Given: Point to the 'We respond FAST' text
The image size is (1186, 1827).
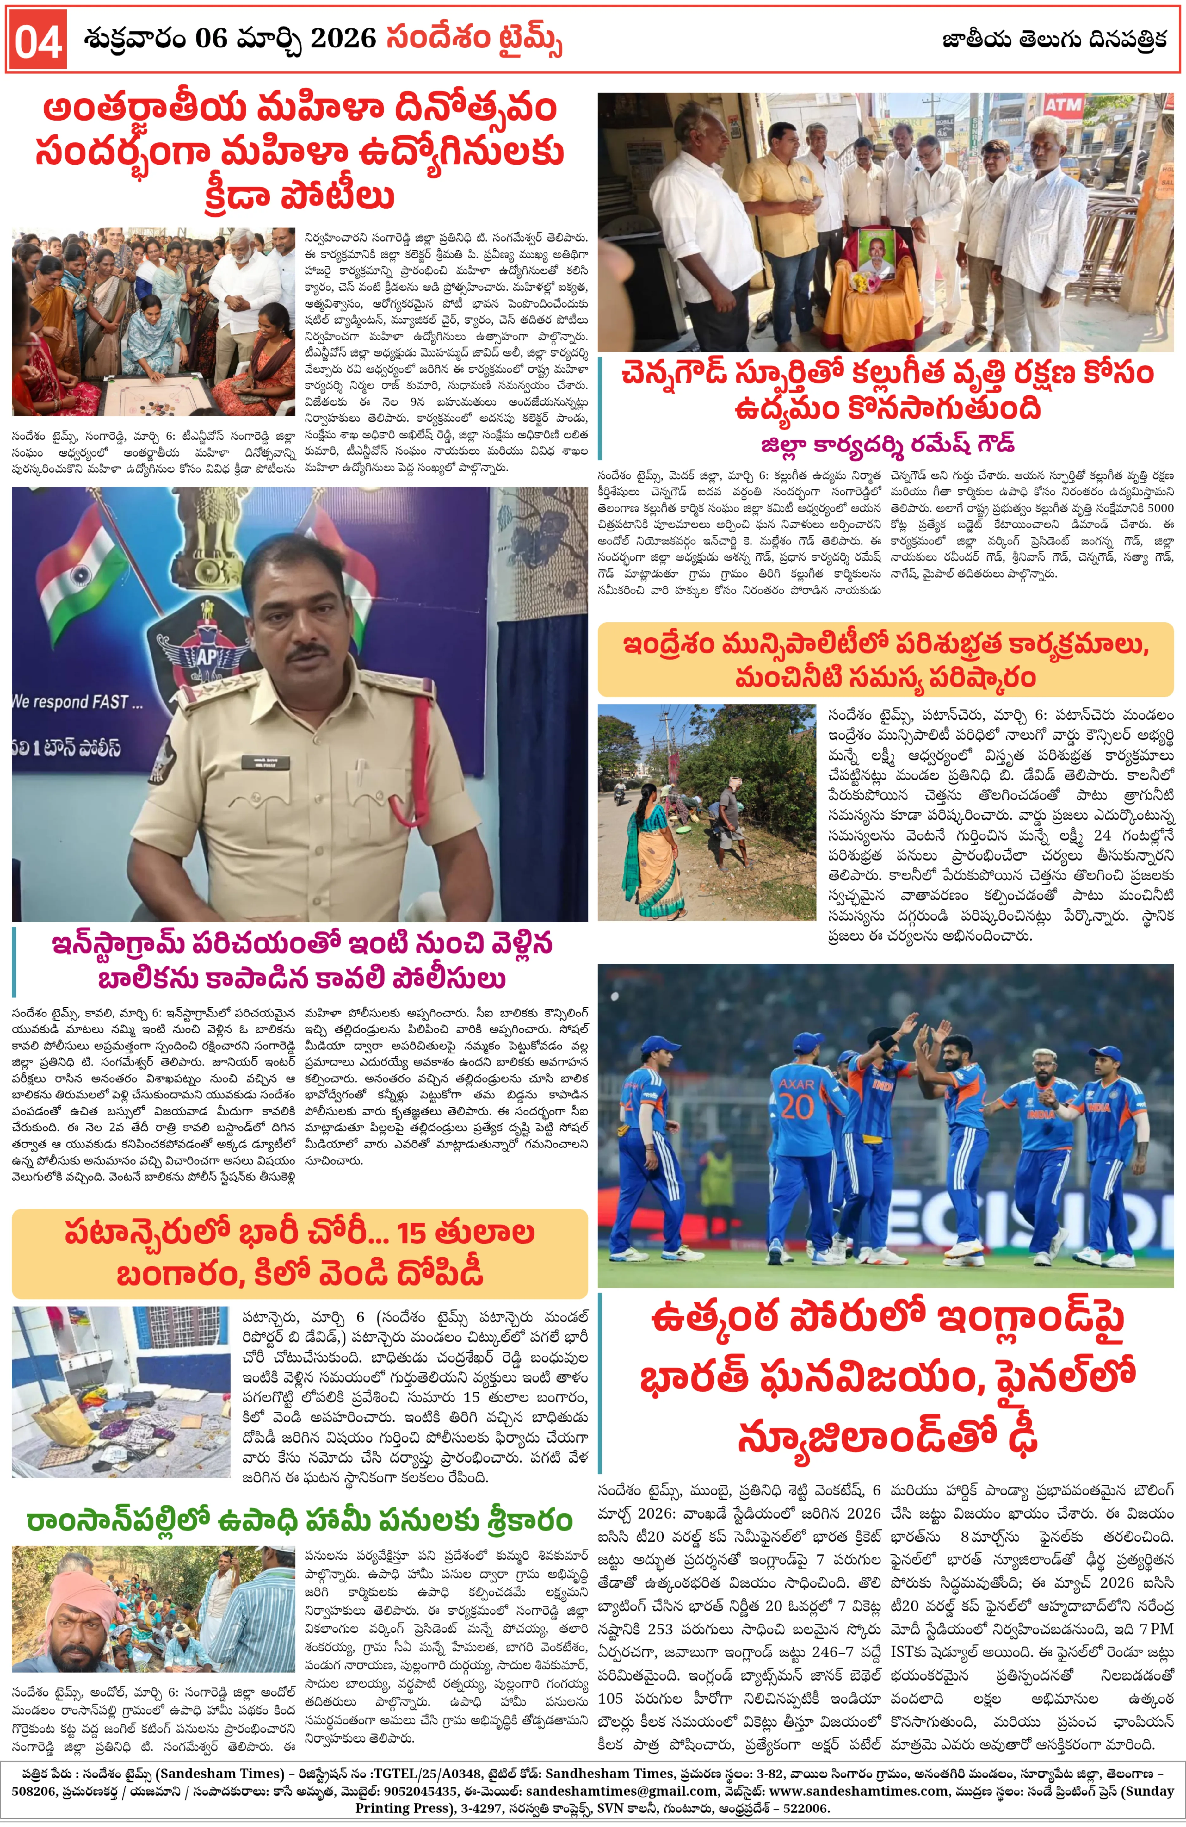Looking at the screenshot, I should (77, 702).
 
